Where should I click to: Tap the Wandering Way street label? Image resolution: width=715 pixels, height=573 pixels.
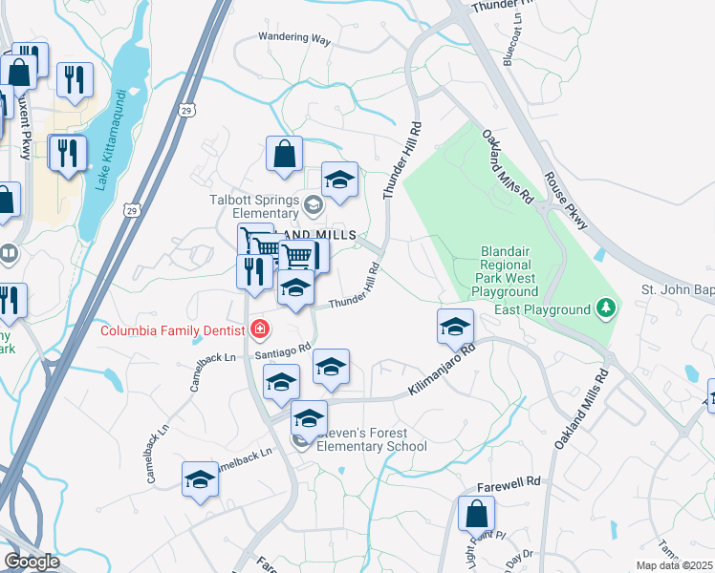click(x=293, y=39)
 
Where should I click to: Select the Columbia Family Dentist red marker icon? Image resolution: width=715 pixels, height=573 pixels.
click(x=258, y=329)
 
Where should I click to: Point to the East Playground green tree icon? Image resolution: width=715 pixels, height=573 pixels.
click(x=604, y=309)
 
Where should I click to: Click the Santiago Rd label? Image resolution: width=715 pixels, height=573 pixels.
click(x=284, y=351)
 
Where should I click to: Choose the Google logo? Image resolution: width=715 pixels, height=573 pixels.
click(x=32, y=562)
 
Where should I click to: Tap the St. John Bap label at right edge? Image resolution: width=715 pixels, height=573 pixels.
click(x=677, y=289)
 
